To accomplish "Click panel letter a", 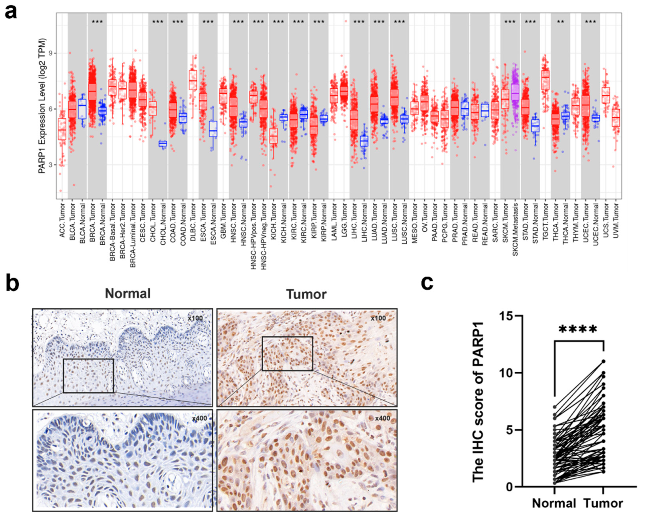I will point(11,13).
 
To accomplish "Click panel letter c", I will point(427,283).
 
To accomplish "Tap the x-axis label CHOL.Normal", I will point(163,220).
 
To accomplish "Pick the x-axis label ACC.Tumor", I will point(62,220).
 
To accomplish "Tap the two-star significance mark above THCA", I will point(560,22).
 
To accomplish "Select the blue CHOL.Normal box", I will point(162,143).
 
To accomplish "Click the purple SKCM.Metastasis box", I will point(515,93).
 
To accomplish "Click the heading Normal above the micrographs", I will point(128,294).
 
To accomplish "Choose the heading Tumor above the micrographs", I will point(306,294).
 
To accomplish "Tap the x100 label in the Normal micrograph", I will point(195,318).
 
